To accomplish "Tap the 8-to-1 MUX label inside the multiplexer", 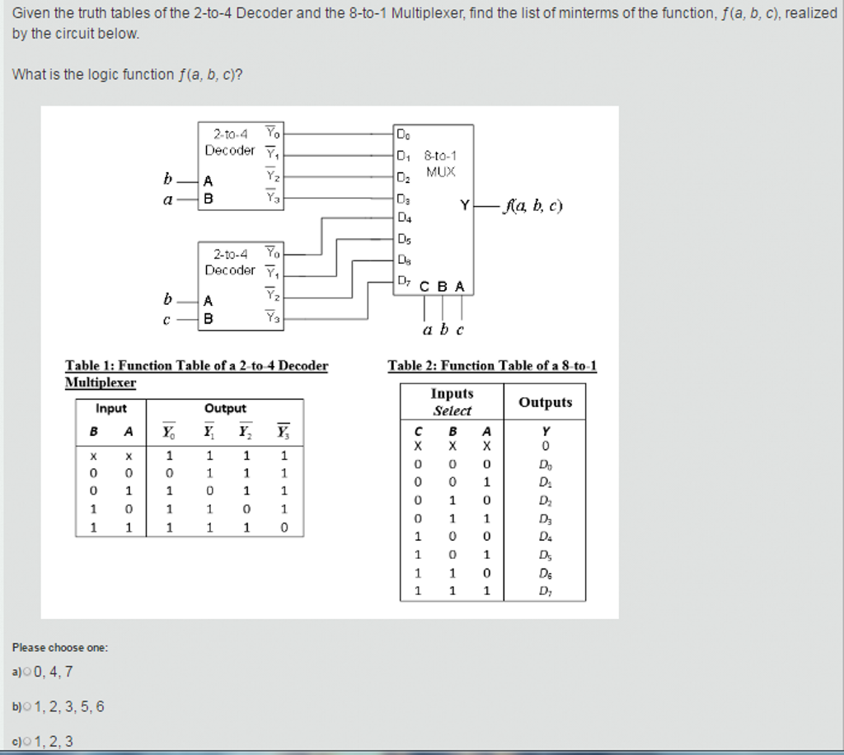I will (440, 163).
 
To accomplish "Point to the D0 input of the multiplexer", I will (402, 133).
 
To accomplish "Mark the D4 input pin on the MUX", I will (404, 218).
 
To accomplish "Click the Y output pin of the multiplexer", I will (465, 205).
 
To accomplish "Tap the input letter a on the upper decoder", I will (167, 199).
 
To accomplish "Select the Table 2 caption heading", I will (492, 366).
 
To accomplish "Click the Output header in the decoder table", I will (225, 409).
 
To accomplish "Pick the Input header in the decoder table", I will (111, 409).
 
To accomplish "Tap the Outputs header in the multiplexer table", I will (545, 402).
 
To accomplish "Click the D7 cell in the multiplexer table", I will (545, 591).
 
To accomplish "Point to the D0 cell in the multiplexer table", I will (545, 464).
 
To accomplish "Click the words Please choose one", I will (60, 648).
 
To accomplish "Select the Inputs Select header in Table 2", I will (452, 402).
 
